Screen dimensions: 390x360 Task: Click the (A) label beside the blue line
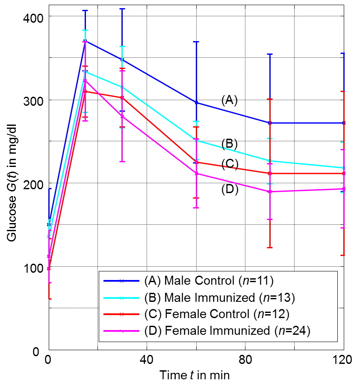[x=229, y=101]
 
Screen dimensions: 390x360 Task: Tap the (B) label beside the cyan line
[x=229, y=144]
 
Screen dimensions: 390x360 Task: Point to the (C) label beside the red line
[x=230, y=164]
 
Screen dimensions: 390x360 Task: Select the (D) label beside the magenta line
[x=230, y=189]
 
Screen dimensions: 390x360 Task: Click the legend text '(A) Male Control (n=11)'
[x=209, y=281]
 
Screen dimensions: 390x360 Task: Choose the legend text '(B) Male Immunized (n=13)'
[x=219, y=298]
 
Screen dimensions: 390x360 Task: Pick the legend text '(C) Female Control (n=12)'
[x=217, y=314]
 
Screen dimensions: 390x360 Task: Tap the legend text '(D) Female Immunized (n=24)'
[x=227, y=330]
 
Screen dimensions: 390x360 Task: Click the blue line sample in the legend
[x=121, y=281]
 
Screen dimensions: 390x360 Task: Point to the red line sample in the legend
[x=121, y=314]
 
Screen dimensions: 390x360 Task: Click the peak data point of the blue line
[x=85, y=41]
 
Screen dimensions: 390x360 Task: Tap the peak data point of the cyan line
[x=85, y=72]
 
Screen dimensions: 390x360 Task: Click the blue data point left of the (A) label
[x=196, y=103]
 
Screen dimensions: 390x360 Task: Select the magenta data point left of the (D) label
[x=196, y=173]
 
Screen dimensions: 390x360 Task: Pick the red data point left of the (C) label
[x=196, y=163]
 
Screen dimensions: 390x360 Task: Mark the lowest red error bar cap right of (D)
[x=270, y=247]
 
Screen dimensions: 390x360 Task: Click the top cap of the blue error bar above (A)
[x=196, y=42]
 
